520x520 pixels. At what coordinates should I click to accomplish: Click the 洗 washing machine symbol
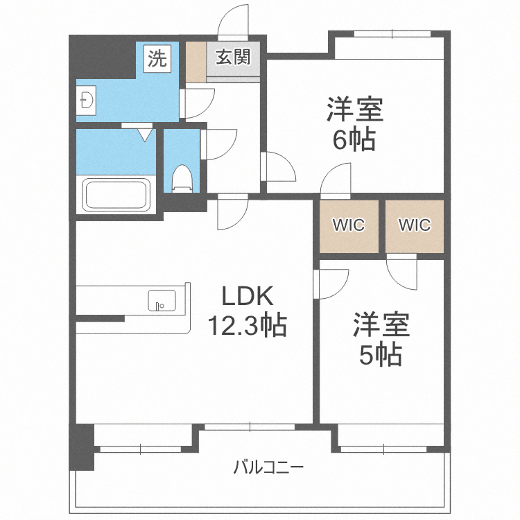click(x=157, y=58)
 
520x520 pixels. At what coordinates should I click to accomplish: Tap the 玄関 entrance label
click(x=233, y=57)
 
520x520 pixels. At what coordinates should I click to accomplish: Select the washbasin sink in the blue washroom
click(x=86, y=101)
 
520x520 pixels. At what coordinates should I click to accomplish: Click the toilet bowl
click(x=182, y=178)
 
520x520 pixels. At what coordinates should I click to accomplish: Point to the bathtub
click(x=116, y=195)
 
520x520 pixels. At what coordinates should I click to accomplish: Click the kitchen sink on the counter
click(x=162, y=300)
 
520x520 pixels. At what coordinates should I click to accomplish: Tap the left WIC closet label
click(x=349, y=225)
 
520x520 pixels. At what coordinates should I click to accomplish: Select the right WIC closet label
click(x=415, y=225)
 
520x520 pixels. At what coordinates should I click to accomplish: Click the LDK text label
click(x=248, y=296)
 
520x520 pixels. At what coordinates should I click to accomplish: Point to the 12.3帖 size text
click(x=247, y=325)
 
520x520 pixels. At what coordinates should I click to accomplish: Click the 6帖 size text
click(x=354, y=139)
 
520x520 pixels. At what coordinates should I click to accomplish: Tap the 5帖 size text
click(x=381, y=354)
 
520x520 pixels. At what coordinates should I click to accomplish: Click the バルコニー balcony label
click(x=268, y=467)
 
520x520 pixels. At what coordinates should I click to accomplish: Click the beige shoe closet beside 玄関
click(x=196, y=62)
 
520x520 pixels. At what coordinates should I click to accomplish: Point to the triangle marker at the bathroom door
click(x=144, y=135)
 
